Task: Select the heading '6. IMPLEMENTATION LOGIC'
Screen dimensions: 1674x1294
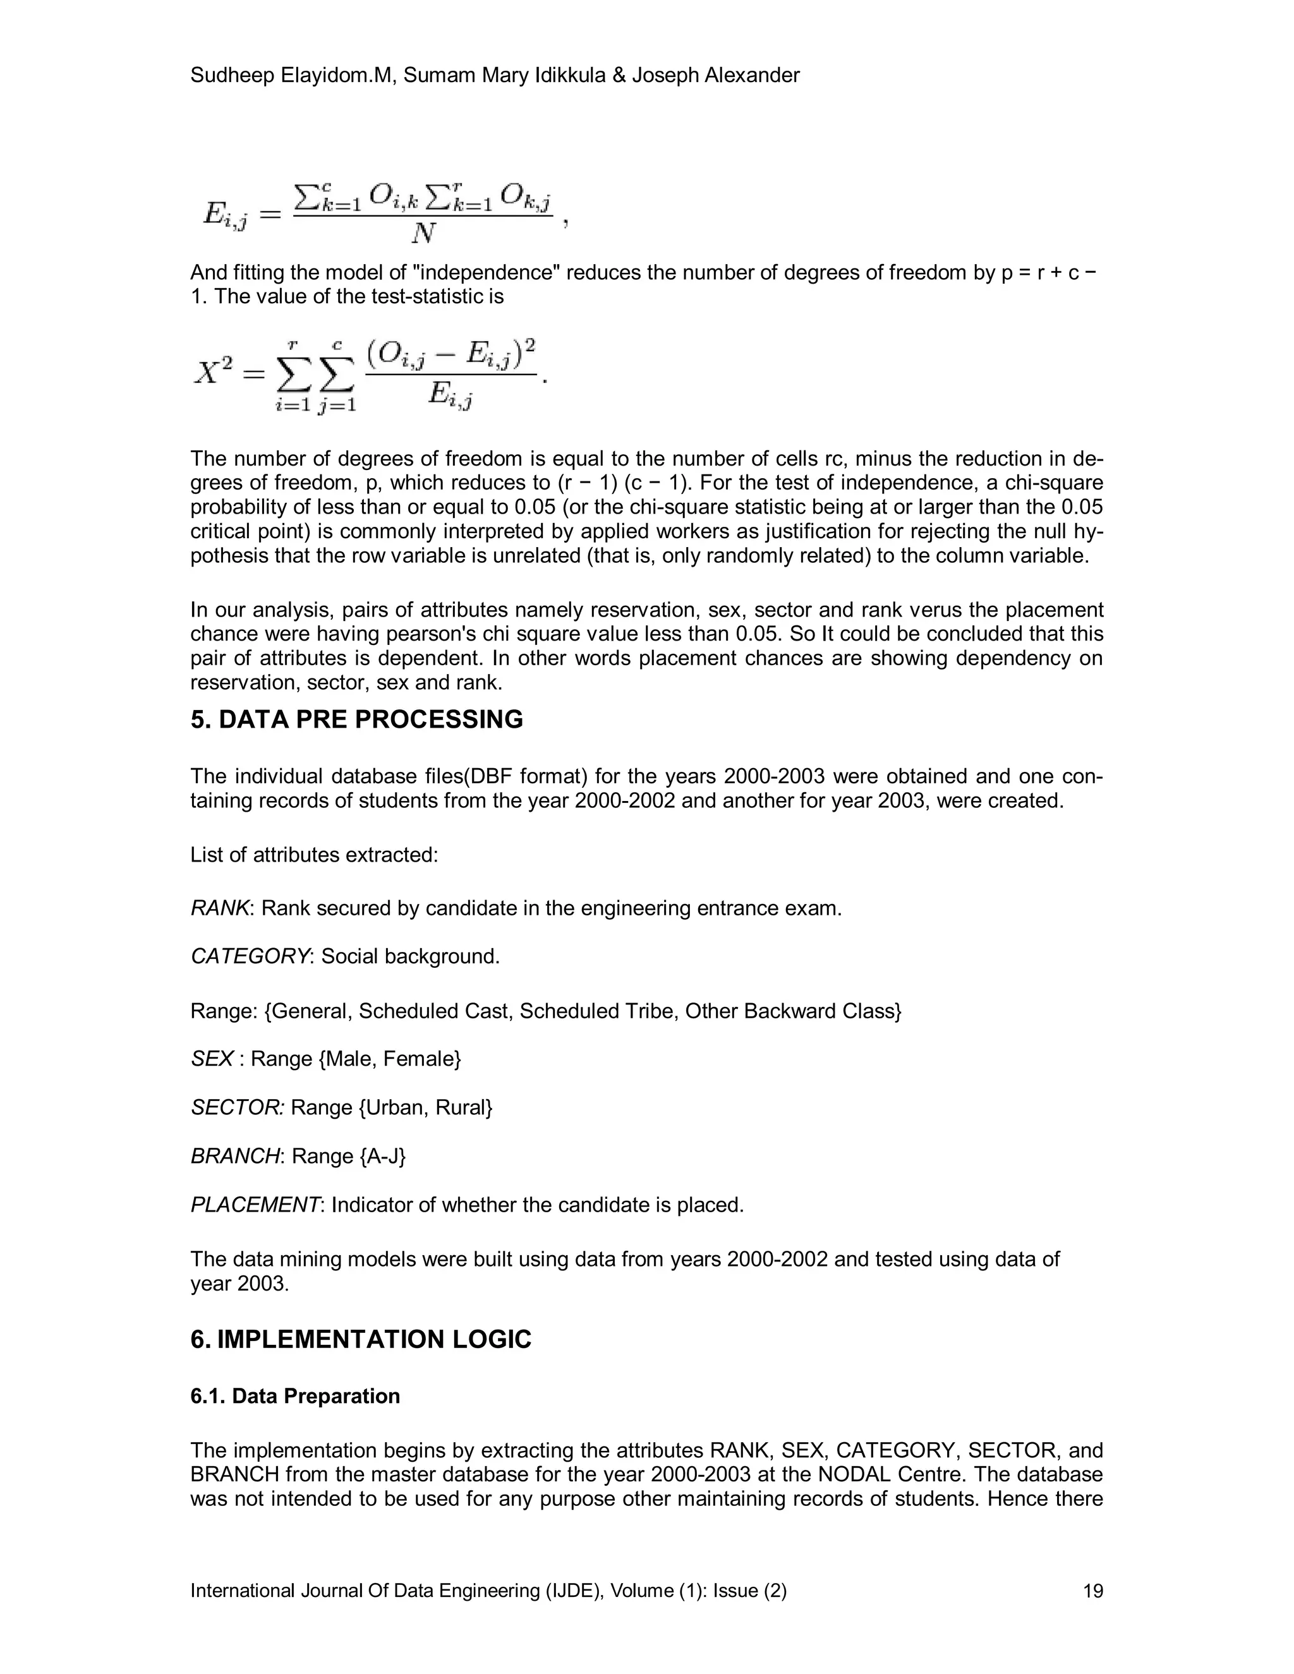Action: (x=360, y=1339)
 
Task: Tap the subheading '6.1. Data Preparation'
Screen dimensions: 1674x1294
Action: (x=295, y=1396)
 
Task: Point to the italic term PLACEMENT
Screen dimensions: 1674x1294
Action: (x=255, y=1205)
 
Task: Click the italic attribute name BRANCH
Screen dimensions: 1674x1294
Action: (x=234, y=1156)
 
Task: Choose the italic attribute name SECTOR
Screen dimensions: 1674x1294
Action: (x=237, y=1107)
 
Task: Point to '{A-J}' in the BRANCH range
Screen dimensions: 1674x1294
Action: (x=382, y=1156)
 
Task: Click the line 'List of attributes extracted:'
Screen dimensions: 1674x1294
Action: (x=314, y=855)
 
